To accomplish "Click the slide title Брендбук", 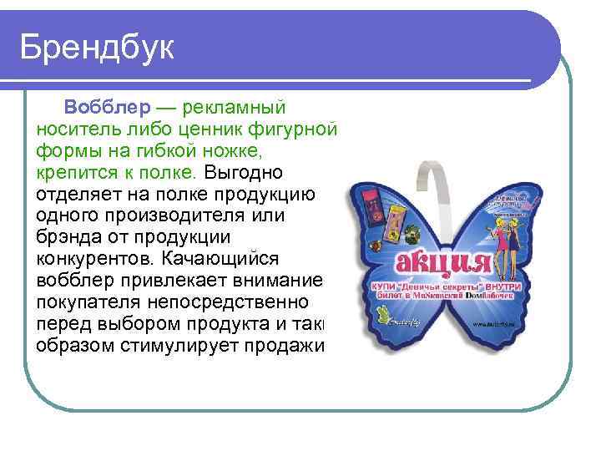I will pos(98,48).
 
